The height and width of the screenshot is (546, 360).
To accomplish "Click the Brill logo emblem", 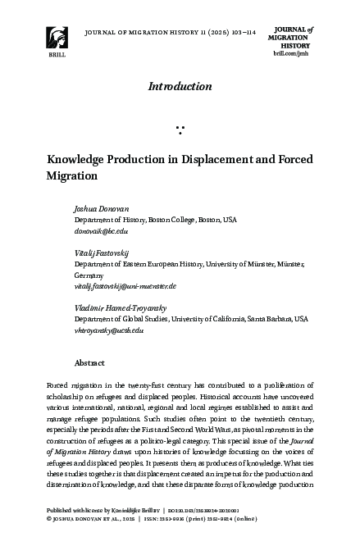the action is [x=55, y=37].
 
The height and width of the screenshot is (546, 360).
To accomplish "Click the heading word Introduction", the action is [x=180, y=86].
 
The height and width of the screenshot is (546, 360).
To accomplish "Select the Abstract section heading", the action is [x=89, y=362].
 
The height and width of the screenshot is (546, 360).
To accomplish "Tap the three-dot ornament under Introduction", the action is [x=180, y=129].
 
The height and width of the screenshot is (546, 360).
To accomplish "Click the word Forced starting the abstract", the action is [x=59, y=384].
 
